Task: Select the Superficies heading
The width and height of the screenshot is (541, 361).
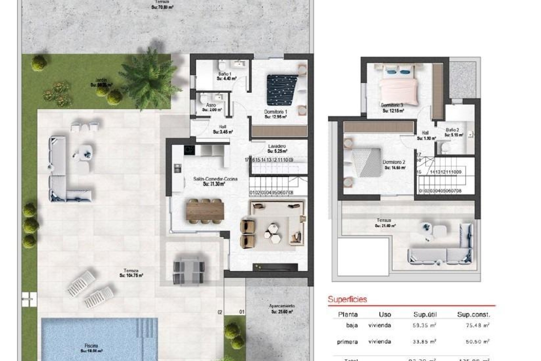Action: click(x=347, y=299)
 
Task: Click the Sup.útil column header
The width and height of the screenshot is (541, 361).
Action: click(x=425, y=314)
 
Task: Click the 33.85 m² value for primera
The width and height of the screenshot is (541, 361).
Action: click(x=424, y=342)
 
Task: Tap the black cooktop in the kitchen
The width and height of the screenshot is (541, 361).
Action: click(x=189, y=150)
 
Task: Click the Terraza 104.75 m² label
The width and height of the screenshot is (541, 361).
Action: click(x=131, y=273)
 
